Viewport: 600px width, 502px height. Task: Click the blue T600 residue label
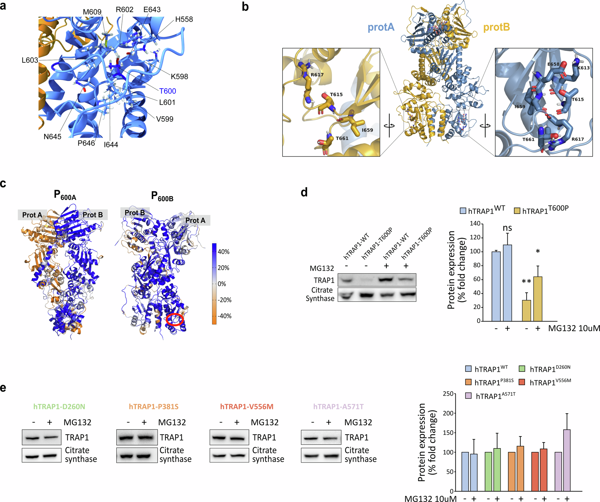[167, 91]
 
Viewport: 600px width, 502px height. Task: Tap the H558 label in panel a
[184, 19]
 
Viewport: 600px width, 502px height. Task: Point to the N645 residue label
[52, 137]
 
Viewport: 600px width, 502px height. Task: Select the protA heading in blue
[381, 27]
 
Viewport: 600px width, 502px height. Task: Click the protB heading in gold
[496, 27]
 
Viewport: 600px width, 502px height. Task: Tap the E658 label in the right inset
[553, 64]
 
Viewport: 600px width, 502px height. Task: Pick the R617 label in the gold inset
[317, 75]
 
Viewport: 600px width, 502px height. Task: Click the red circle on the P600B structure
[175, 320]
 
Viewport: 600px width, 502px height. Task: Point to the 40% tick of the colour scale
[223, 252]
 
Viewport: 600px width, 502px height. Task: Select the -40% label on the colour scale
[225, 316]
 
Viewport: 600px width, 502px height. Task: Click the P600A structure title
[65, 195]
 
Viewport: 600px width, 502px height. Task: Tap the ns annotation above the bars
[507, 228]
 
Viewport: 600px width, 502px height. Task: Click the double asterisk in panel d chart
[526, 282]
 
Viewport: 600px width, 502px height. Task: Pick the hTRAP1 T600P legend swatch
[517, 211]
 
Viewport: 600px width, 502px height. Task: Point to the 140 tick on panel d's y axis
[475, 224]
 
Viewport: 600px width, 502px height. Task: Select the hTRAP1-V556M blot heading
[247, 406]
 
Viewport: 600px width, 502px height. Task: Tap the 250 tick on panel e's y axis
[448, 394]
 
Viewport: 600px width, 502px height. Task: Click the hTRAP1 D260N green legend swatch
[522, 369]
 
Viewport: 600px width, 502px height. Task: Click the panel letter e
[3, 388]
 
